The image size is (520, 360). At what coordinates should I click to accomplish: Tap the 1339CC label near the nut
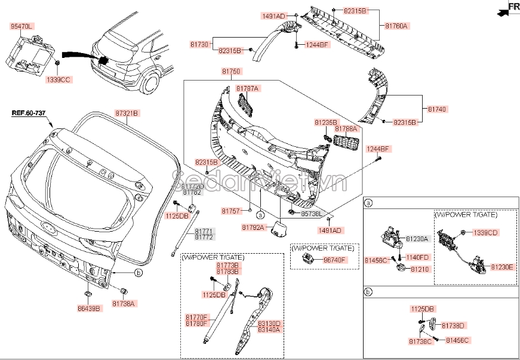point(58,79)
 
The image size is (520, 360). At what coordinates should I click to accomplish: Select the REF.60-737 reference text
point(28,113)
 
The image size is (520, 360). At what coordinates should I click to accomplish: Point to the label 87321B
point(127,113)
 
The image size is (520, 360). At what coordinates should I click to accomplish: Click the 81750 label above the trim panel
point(232,72)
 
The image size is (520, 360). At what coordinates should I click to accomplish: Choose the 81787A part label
point(247,88)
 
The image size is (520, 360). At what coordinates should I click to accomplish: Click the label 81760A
point(396,26)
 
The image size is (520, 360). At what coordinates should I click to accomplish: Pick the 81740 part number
point(437,110)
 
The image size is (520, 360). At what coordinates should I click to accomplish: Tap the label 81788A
point(346,129)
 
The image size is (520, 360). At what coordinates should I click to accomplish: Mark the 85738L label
point(312,213)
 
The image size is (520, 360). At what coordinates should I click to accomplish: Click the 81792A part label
point(253,227)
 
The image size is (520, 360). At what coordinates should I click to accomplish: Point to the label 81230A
point(417,238)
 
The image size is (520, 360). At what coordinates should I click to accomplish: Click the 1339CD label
point(485,232)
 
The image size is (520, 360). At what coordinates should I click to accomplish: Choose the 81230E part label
point(502,267)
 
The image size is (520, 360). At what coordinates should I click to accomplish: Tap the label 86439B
point(90,308)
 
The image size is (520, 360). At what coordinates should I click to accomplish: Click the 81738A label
point(124,303)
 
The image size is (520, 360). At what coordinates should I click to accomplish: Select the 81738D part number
point(453,325)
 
